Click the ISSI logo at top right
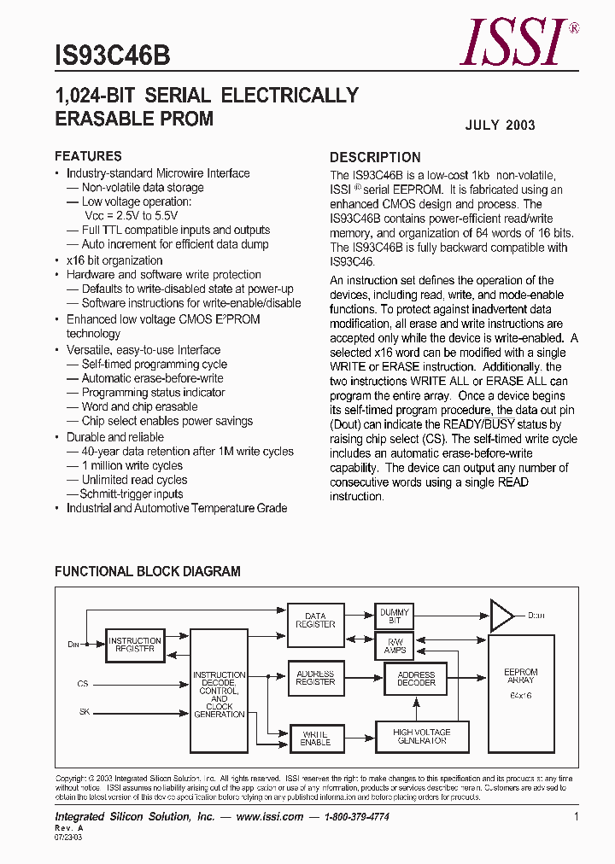[515, 43]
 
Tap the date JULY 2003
[500, 125]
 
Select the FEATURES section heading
[88, 156]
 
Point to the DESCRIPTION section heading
[375, 157]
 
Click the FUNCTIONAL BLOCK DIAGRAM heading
[147, 571]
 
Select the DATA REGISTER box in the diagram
[315, 620]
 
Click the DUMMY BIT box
[394, 616]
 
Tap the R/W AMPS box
[394, 645]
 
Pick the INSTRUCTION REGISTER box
[135, 645]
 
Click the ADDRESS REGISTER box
[315, 678]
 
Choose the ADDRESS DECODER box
[416, 679]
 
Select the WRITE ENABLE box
[315, 738]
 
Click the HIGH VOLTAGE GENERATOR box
[421, 736]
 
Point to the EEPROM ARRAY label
[520, 676]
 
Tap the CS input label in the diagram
[82, 684]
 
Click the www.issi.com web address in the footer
[269, 817]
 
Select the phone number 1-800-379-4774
[356, 817]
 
